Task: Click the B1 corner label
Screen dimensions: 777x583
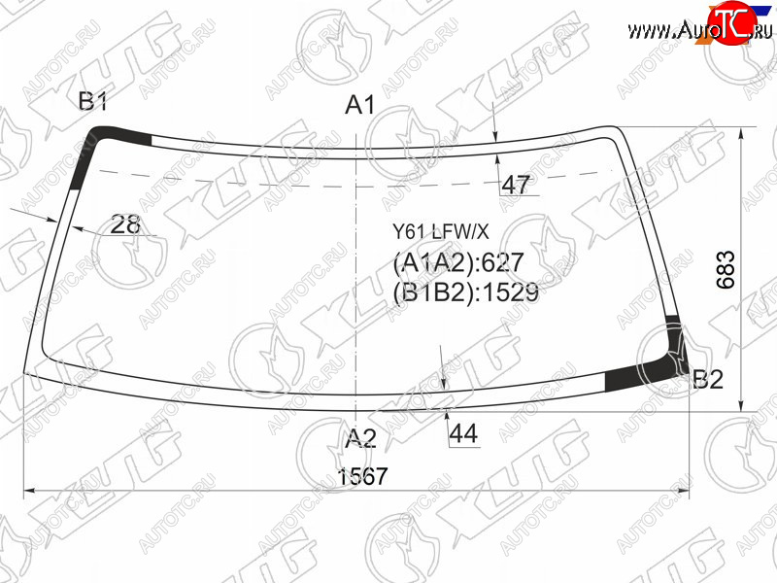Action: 93,102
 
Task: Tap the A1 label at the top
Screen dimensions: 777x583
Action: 360,105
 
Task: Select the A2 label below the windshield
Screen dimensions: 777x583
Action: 360,438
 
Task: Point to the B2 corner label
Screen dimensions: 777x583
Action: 708,380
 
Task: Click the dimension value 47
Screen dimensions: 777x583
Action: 516,185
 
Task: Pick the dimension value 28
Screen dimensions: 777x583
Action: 125,224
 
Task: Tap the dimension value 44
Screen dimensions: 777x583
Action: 463,433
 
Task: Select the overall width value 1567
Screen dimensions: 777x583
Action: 362,476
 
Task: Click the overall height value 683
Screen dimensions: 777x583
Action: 726,270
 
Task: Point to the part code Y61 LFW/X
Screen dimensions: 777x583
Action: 441,231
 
